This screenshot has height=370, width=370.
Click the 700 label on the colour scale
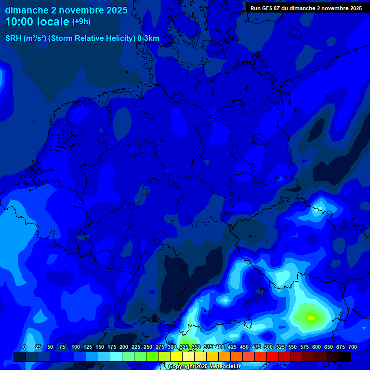[352, 347]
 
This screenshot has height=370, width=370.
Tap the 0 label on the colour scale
[24, 347]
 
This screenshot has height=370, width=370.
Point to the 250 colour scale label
[147, 347]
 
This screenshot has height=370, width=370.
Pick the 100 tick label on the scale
[75, 347]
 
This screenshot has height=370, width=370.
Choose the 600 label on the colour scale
[317, 347]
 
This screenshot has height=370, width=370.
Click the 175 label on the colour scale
[111, 347]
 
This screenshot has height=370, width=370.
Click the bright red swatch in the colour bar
[273, 357]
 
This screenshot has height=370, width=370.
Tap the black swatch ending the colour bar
[345, 357]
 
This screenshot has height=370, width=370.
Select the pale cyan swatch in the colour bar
[116, 357]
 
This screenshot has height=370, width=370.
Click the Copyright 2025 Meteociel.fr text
[204, 366]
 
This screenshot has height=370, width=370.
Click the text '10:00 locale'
[37, 22]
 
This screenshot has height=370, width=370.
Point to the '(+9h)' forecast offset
[81, 22]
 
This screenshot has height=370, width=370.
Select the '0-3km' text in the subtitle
[148, 39]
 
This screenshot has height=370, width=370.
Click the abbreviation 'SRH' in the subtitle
[13, 39]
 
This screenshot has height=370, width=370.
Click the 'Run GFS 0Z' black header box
[306, 8]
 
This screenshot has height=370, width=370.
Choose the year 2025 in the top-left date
[117, 10]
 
